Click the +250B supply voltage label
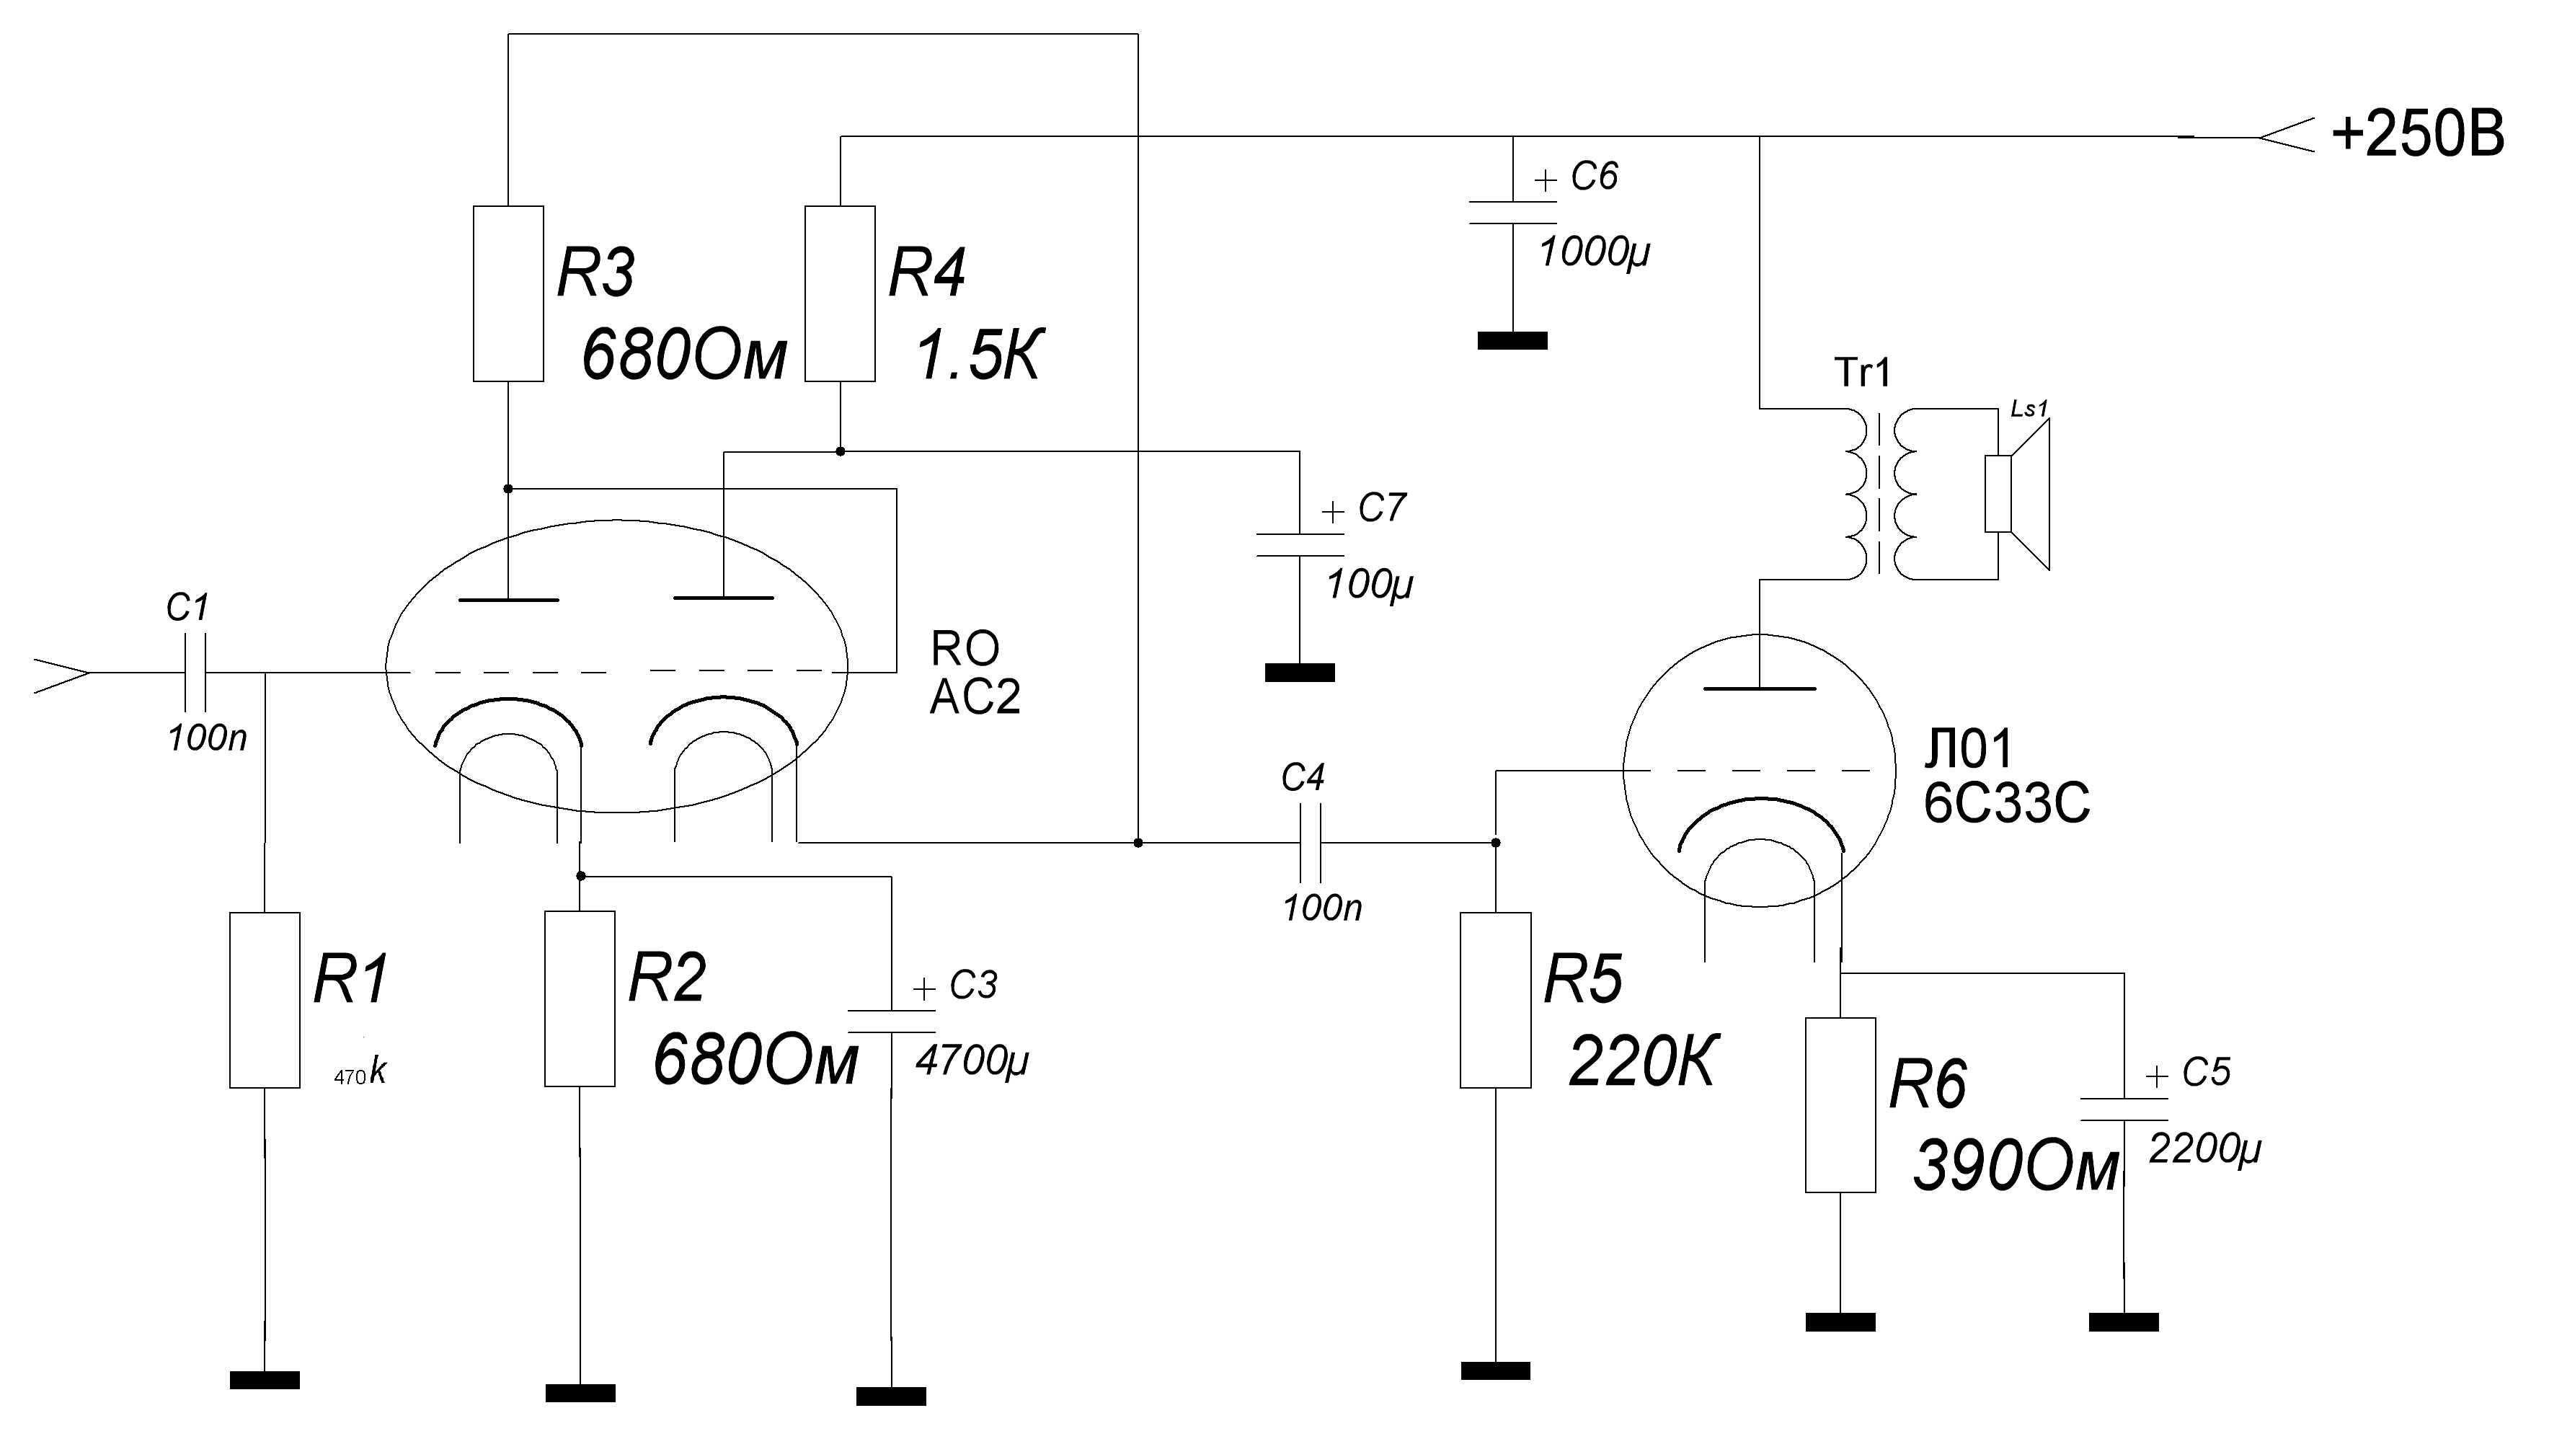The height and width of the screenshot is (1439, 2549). (2416, 135)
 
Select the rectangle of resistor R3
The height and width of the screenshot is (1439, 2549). (507, 294)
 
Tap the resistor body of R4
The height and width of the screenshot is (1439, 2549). (839, 294)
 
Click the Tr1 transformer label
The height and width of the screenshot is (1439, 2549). (1862, 373)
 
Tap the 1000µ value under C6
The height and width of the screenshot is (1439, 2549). (1594, 253)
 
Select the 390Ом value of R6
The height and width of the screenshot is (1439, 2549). (2016, 1168)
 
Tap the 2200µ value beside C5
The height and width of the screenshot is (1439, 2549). (2204, 1149)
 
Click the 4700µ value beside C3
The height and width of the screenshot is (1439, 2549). (972, 1061)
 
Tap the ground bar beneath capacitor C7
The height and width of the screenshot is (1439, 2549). (1299, 673)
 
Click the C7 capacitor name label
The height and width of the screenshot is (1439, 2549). (1381, 508)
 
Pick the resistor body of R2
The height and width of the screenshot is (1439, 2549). (580, 999)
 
